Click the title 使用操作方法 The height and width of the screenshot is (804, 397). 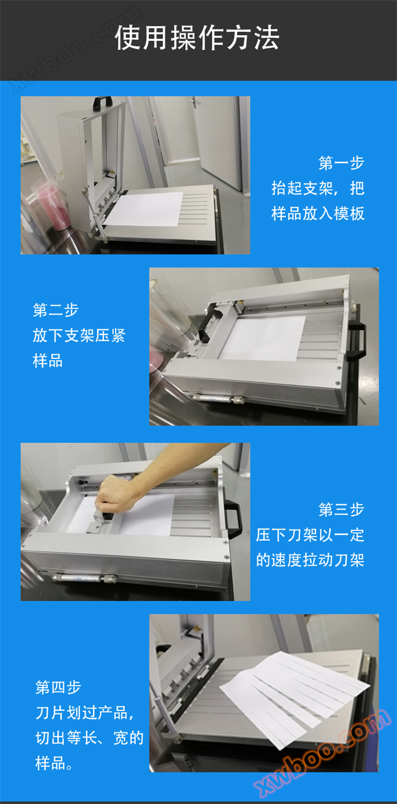197,38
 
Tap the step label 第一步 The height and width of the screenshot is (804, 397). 341,163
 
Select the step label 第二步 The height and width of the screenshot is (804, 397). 56,310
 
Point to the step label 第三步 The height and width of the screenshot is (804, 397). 341,510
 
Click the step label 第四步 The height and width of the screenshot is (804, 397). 58,687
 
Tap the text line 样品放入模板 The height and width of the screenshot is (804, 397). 318,213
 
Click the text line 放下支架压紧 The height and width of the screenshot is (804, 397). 79,336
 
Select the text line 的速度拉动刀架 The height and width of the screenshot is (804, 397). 310,560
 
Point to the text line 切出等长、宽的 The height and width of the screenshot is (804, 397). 89,738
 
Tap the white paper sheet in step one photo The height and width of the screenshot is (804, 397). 145,209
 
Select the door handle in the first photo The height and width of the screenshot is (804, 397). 193,102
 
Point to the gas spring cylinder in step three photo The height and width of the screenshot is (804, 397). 85,578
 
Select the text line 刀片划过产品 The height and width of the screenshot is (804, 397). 85,713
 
